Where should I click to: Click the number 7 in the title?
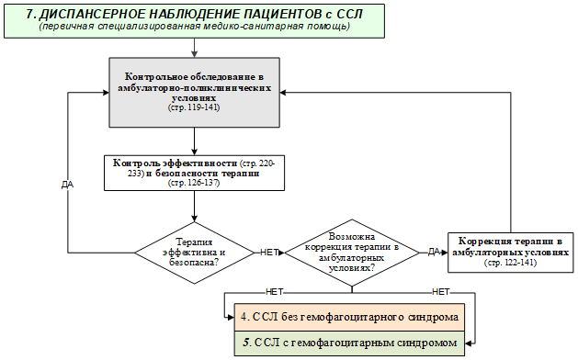pos(29,15)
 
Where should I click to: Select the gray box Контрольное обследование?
pos(194,93)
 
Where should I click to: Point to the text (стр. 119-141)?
pos(194,107)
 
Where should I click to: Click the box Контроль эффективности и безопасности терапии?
pos(194,173)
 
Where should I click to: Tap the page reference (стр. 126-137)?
pos(194,183)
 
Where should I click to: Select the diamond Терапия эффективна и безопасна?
pos(194,253)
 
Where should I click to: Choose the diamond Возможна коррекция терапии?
pos(352,253)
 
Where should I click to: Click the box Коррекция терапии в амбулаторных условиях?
pos(511,253)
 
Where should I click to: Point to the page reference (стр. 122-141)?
pos(511,263)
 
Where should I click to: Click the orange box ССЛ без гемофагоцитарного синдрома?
pos(349,317)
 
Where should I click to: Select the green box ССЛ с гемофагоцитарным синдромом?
pos(349,343)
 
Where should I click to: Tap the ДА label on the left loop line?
pos(67,185)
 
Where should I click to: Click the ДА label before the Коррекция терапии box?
pos(434,252)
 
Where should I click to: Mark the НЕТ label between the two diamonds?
pos(269,253)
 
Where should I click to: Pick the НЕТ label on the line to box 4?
pos(275,292)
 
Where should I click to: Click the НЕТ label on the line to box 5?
pos(441,292)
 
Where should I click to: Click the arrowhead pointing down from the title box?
pos(194,54)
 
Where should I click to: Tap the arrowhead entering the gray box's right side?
pos(283,93)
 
